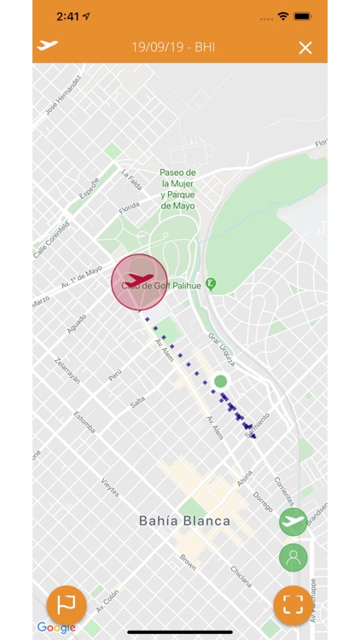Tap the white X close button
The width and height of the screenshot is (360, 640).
(x=305, y=48)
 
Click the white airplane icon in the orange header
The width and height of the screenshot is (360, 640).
(x=49, y=45)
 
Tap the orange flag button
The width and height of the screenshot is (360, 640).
(x=66, y=604)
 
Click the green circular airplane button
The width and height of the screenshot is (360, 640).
(x=293, y=521)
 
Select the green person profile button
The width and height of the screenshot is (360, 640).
(x=293, y=558)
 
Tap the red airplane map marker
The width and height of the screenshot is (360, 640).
(x=138, y=281)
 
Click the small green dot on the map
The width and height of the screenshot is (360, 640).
(x=220, y=381)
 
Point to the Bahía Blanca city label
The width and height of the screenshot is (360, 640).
(x=184, y=521)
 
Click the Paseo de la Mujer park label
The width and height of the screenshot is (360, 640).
(x=177, y=189)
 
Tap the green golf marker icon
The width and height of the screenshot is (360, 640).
(x=211, y=283)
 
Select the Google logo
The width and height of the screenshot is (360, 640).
(x=55, y=628)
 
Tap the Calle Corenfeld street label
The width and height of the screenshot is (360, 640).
(x=51, y=239)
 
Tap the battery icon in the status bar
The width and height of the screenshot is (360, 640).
(x=302, y=16)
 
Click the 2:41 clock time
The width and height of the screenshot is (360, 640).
(x=67, y=16)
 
